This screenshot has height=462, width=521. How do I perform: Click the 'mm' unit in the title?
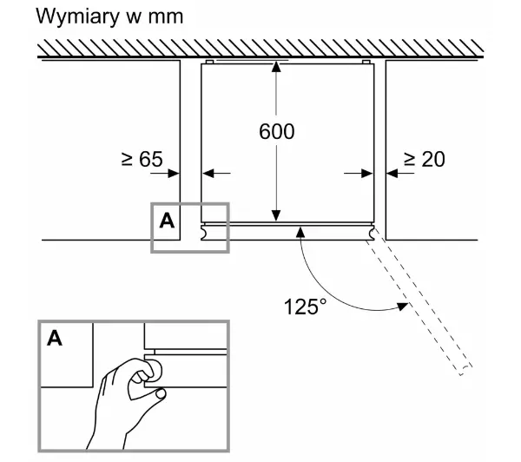(x=166, y=17)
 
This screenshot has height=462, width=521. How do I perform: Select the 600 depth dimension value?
(x=276, y=132)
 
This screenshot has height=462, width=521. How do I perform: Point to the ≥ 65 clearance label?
(x=142, y=159)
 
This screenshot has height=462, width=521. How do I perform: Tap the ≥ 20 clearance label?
(x=425, y=159)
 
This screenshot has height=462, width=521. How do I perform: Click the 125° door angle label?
(x=304, y=306)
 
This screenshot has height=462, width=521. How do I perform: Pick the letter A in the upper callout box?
(x=167, y=221)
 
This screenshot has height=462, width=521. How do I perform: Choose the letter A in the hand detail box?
(x=55, y=339)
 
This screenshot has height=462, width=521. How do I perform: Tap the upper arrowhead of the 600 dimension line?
(x=276, y=69)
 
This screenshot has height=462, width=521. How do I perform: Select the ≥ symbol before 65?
(x=127, y=159)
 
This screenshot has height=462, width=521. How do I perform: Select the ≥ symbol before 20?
(x=410, y=159)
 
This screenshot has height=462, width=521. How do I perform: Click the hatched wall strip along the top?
(x=260, y=49)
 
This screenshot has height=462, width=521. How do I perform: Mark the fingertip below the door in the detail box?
(x=159, y=395)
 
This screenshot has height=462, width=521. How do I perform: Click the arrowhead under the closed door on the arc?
(x=300, y=232)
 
